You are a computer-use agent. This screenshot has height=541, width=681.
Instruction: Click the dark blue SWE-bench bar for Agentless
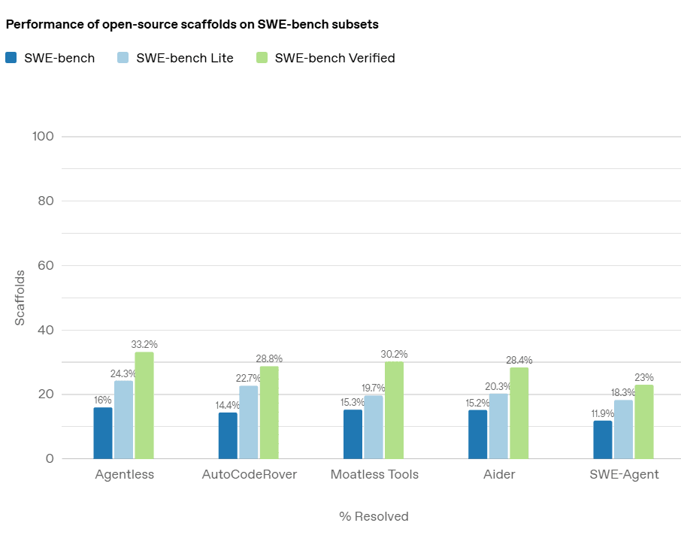coord(103,433)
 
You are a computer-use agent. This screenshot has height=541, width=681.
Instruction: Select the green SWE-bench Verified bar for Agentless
coord(144,405)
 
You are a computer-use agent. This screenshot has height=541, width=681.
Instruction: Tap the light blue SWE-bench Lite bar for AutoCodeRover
coord(248,422)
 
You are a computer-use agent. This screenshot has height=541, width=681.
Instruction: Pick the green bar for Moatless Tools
coord(394,410)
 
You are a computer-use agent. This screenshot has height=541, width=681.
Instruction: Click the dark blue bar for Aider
coord(477,434)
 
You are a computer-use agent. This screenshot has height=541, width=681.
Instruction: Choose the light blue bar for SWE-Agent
coord(623,429)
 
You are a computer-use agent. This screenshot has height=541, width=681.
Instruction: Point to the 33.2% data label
coord(144,344)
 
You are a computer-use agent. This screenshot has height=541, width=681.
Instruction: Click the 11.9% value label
coord(603,413)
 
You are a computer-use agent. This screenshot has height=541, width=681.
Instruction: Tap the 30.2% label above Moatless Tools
coord(394,354)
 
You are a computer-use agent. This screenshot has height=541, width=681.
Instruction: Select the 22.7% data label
coord(248,378)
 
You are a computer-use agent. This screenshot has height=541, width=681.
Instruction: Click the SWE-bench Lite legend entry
coord(185,58)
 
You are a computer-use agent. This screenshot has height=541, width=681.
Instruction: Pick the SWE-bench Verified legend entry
coord(334,58)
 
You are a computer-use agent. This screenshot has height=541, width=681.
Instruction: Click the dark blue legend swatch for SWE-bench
coord(11,58)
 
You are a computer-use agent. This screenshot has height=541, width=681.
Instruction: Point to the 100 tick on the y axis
coord(44,136)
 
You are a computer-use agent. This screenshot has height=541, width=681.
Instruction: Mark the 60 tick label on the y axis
coord(47,265)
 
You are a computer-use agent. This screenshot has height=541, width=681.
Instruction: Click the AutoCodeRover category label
coord(249,474)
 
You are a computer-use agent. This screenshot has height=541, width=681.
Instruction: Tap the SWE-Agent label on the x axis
coord(624,474)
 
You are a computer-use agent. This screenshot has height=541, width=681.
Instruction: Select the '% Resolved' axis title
coord(374,516)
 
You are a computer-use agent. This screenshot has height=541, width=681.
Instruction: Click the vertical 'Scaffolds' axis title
coord(20,298)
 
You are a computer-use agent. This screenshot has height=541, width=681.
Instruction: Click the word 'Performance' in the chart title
coord(41,24)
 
